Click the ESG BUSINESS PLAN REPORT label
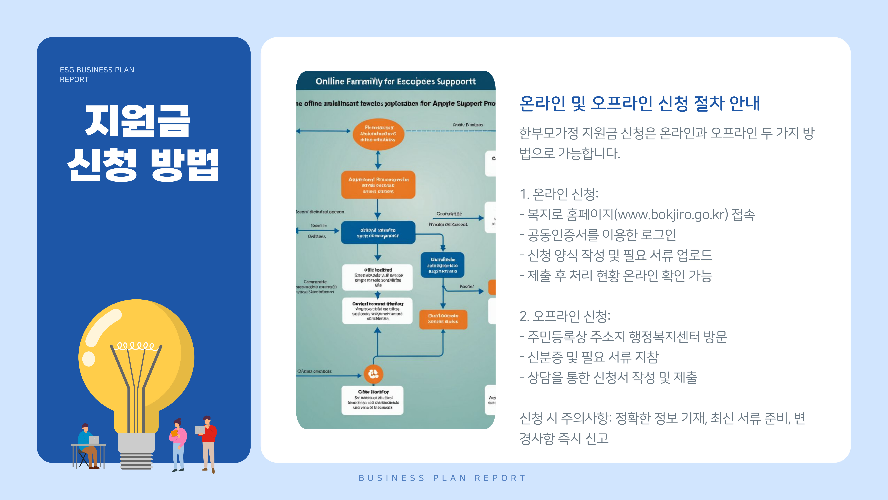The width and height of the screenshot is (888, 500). (97, 75)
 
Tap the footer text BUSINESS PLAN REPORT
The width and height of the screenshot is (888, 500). (442, 478)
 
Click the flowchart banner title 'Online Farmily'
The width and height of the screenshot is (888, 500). (395, 81)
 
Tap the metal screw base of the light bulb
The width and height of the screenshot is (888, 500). (136, 452)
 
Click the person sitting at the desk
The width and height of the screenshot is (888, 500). (86, 445)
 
